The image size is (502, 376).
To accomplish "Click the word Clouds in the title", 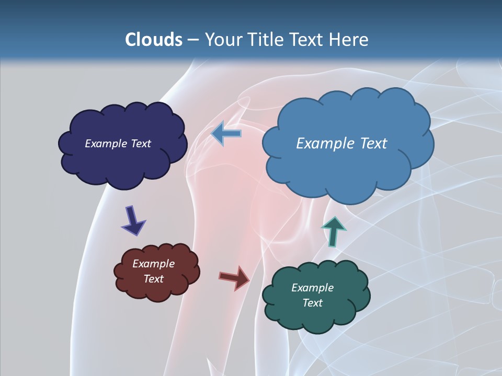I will pyautogui.click(x=153, y=40).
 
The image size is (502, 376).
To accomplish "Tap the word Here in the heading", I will pyautogui.click(x=348, y=40).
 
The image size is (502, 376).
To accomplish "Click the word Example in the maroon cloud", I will pyautogui.click(x=153, y=264).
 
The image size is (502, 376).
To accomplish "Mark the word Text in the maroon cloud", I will pyautogui.click(x=153, y=279).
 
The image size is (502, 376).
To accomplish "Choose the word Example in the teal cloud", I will pyautogui.click(x=312, y=288).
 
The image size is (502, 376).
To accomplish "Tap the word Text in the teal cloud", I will pyautogui.click(x=312, y=303).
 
